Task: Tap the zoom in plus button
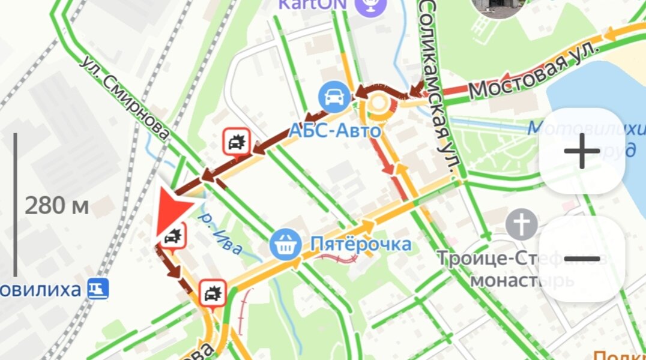click(582, 151)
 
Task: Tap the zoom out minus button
click(582, 259)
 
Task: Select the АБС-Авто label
click(335, 130)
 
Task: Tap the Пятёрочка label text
click(360, 244)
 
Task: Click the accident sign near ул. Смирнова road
click(235, 142)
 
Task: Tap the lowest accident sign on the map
click(212, 293)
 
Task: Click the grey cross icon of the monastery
click(521, 226)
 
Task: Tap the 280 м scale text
click(56, 206)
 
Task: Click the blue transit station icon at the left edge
click(98, 289)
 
